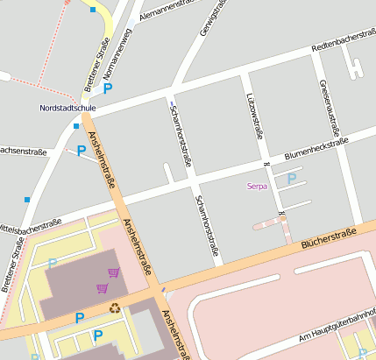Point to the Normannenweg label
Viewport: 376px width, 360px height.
(x=116, y=56)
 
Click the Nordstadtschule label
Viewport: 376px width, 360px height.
(x=67, y=108)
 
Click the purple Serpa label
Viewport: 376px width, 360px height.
(x=257, y=186)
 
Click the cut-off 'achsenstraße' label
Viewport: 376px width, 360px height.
(x=23, y=151)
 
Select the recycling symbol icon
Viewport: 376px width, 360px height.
(x=115, y=307)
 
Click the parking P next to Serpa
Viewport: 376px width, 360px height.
(x=292, y=178)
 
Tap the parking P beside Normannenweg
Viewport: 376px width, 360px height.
(x=109, y=88)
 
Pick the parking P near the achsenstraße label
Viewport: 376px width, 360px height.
(x=82, y=151)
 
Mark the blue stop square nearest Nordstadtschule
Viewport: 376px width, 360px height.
(x=75, y=126)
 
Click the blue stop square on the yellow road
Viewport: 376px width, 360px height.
(x=93, y=10)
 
